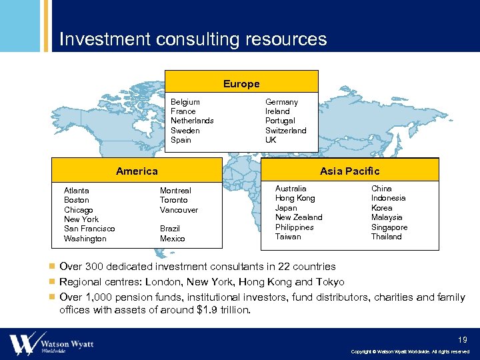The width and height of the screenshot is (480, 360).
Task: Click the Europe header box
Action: (241, 83)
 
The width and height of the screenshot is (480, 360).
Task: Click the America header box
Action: (137, 171)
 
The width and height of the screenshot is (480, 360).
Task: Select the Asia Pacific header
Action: (349, 171)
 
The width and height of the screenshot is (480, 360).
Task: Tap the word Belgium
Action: (185, 102)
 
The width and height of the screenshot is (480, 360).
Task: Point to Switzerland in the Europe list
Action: (285, 131)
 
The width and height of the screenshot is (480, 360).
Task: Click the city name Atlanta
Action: (76, 191)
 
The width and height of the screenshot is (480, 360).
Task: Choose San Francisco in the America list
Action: (89, 229)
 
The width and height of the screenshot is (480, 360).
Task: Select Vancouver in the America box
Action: (179, 210)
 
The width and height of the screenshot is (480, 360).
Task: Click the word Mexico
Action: (172, 239)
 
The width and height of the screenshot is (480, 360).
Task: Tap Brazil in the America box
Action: (170, 229)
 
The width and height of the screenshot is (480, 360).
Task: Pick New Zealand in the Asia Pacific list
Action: (298, 217)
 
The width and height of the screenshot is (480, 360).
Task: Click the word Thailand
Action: (386, 237)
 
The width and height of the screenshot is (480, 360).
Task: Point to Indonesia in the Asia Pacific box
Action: (388, 198)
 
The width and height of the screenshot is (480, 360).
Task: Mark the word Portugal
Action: (280, 121)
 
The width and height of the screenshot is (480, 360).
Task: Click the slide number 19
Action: (463, 339)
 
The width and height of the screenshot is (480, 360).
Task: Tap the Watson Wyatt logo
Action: (51, 344)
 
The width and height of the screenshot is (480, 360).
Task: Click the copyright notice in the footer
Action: (410, 351)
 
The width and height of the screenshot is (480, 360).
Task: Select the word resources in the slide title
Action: (285, 39)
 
